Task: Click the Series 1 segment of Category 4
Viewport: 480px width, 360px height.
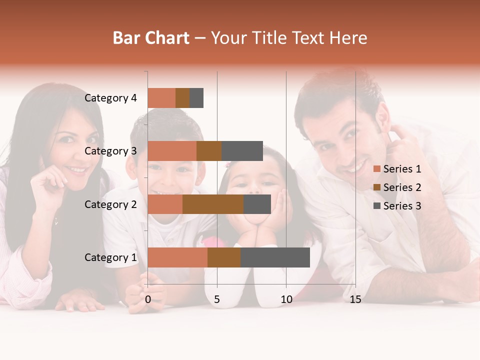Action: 161,98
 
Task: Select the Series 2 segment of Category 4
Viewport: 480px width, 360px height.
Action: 182,98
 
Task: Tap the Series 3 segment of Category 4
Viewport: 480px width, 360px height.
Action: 196,98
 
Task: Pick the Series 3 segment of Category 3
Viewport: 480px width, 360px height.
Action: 242,151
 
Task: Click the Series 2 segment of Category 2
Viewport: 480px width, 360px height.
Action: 213,204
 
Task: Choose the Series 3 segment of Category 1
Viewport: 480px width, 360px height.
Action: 275,257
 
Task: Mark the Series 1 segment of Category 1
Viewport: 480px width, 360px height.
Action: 177,257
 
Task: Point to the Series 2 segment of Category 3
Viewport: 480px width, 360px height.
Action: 209,151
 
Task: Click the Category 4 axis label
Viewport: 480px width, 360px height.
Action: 110,98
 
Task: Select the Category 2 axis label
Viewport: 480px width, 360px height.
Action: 110,204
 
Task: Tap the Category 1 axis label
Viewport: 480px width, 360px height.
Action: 110,257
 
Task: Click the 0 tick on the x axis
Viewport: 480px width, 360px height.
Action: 148,299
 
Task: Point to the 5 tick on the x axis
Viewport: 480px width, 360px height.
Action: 217,299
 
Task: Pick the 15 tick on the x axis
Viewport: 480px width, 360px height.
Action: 355,299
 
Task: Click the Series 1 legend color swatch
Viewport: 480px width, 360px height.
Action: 376,169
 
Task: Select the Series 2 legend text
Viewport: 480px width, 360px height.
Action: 402,187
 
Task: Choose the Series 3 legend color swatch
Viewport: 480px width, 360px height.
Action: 376,206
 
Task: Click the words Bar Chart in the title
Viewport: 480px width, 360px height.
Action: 151,38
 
